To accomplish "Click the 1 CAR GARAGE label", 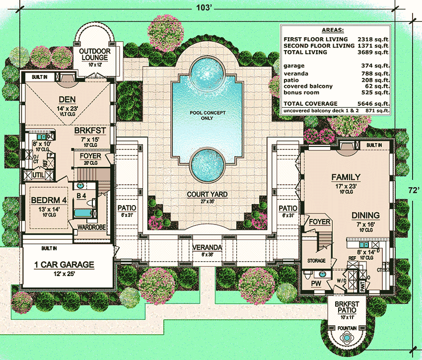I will (x=64, y=265).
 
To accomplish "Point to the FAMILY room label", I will (x=346, y=177).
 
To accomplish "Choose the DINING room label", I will (x=366, y=215).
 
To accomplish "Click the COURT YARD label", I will (x=208, y=194).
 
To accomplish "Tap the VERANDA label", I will (x=207, y=247).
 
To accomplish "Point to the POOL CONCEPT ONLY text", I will (x=208, y=116).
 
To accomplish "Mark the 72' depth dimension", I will (x=412, y=190).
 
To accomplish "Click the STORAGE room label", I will (x=316, y=261).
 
